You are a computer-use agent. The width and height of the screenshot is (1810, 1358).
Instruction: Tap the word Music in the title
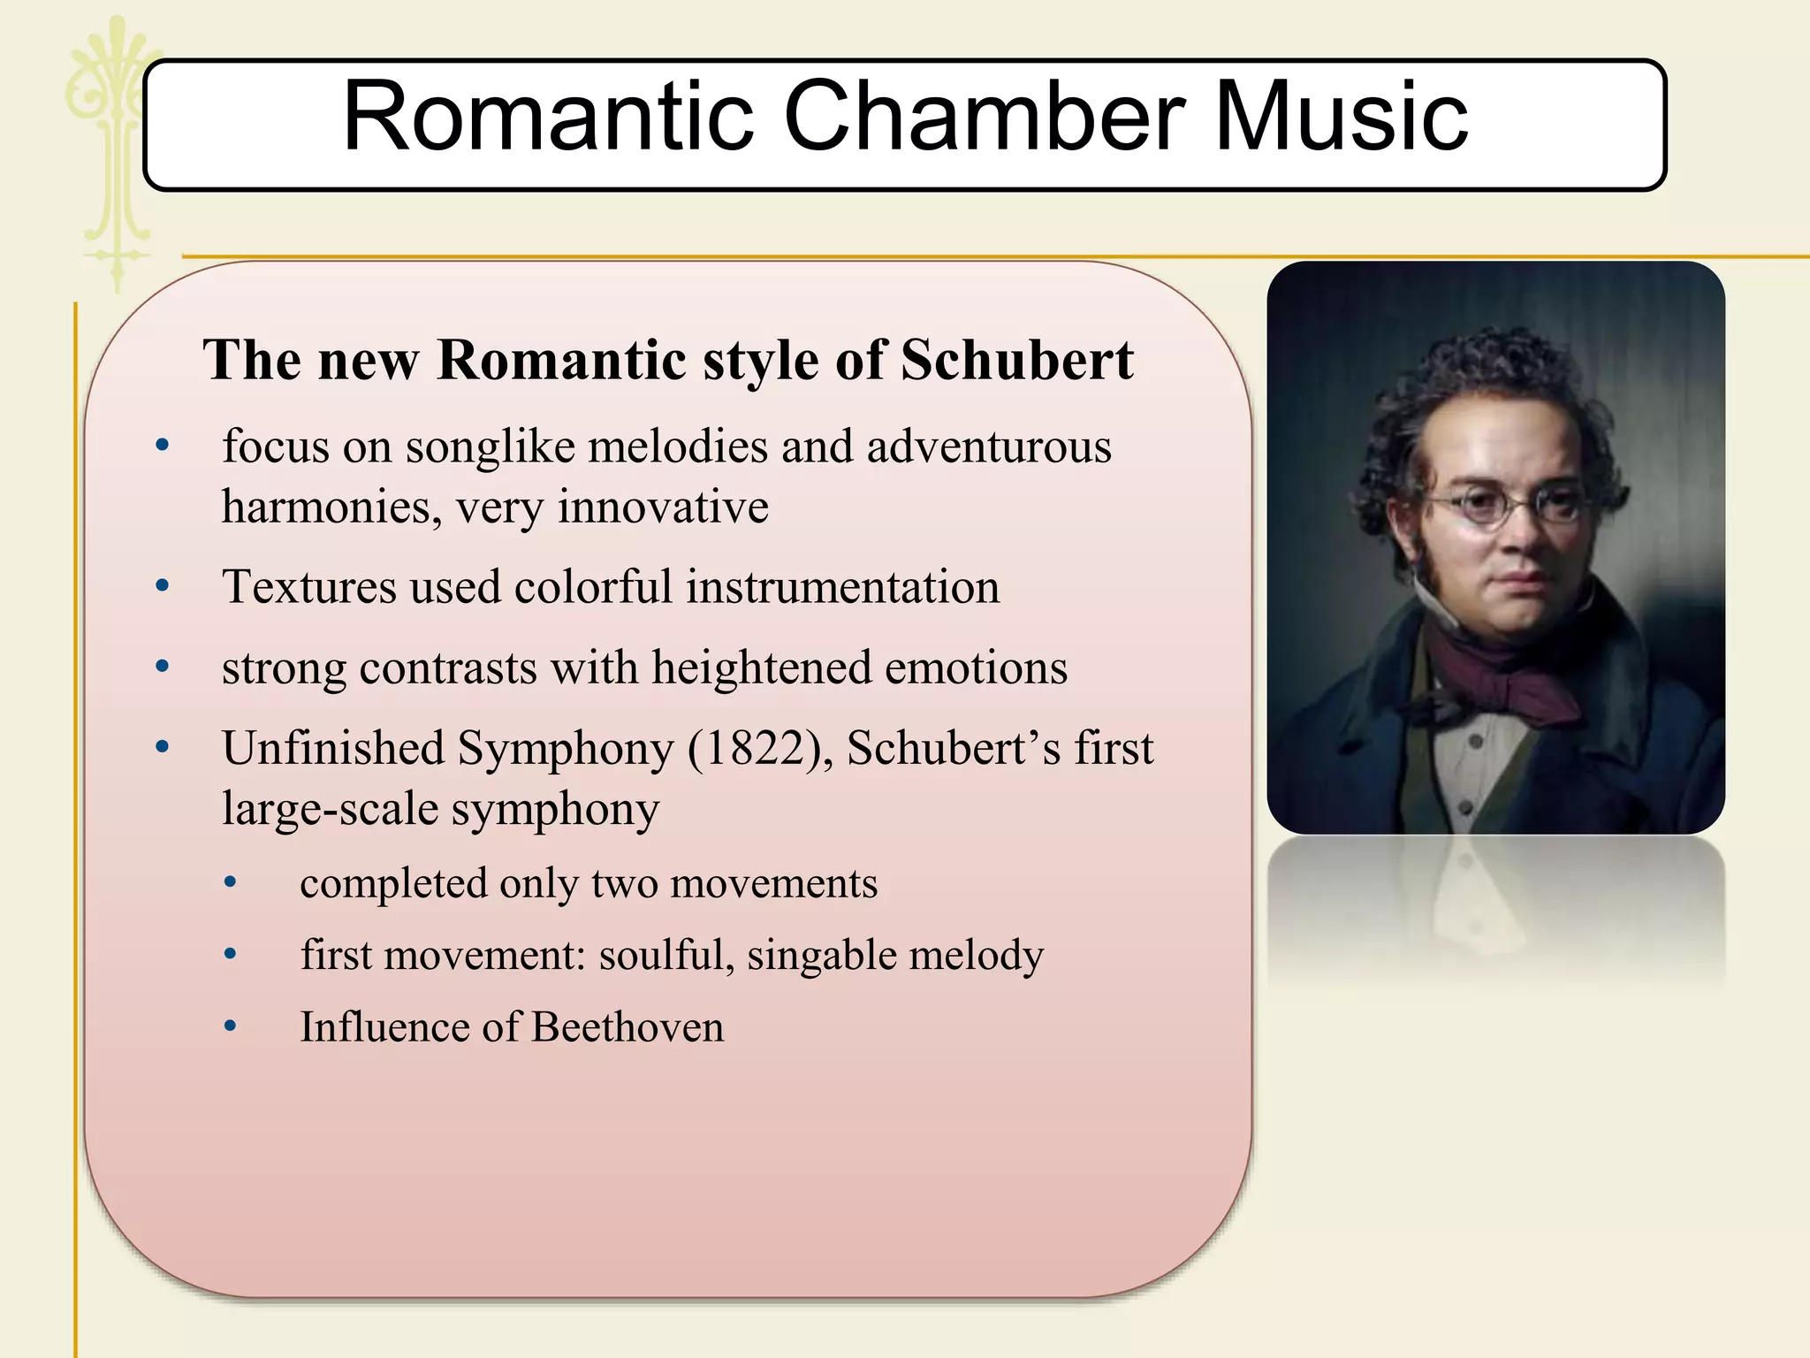tap(1341, 117)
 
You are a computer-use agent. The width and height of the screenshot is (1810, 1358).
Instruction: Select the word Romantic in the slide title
tap(548, 117)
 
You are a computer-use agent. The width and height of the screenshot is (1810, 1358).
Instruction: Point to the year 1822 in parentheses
tap(757, 748)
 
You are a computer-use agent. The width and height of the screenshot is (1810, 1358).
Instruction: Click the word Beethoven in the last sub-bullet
tap(627, 1027)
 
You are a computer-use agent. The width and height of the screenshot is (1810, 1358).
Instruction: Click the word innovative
tap(663, 507)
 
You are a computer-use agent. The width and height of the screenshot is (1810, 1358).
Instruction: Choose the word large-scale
tap(329, 809)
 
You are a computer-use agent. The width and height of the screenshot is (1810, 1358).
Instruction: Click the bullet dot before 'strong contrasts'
tap(162, 667)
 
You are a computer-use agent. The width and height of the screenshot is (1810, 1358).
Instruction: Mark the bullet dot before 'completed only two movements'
tap(231, 881)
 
